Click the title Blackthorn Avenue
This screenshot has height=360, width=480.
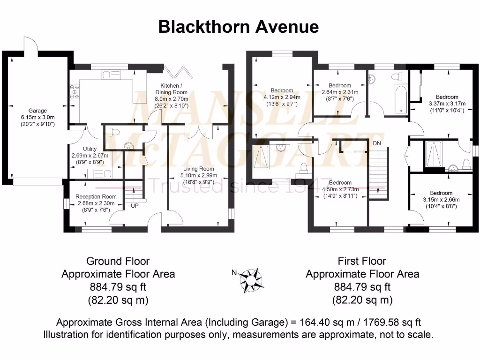238,27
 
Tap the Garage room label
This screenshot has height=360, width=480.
37,111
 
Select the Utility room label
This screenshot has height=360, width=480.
90,149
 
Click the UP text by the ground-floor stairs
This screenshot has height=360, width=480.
134,206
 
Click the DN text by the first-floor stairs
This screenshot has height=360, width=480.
377,142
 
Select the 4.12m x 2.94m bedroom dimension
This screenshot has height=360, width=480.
282,97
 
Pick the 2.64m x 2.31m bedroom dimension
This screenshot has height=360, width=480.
340,92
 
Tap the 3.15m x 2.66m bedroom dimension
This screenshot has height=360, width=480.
441,199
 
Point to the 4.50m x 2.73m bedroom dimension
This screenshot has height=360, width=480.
340,189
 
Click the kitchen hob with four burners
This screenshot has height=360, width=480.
74,92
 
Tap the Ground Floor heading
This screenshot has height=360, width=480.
118,261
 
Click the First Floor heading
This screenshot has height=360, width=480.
362,261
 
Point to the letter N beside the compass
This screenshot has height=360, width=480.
234,272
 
